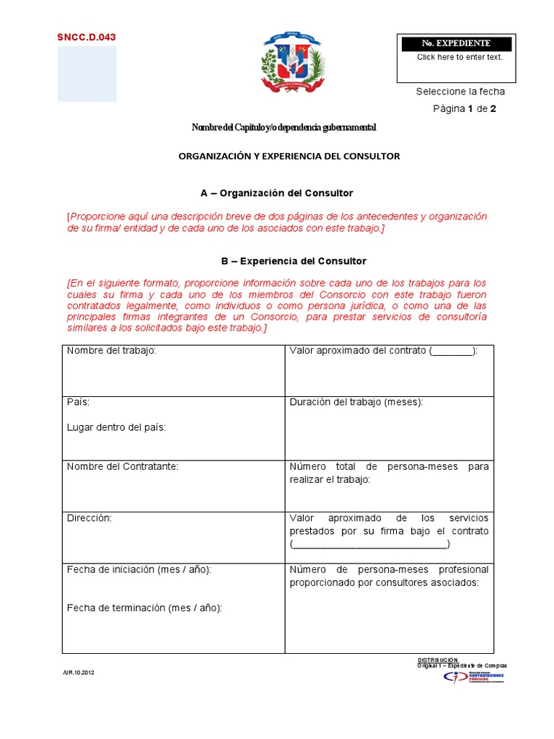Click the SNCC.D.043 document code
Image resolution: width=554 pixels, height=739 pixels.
point(86,37)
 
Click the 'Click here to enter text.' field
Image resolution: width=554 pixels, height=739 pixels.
point(460,58)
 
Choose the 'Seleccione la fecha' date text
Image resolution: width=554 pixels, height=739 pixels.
point(460,92)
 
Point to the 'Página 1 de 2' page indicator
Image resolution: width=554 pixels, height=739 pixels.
point(464,109)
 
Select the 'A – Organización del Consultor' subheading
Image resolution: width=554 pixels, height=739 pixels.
point(276,193)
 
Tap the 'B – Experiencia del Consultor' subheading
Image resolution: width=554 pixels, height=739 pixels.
point(283,261)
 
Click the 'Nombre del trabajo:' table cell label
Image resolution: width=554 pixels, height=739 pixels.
point(111,351)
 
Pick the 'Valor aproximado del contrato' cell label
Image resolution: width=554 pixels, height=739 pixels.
point(383,351)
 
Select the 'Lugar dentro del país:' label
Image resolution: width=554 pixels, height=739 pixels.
point(116,427)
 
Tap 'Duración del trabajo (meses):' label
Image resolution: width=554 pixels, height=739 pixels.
point(356,402)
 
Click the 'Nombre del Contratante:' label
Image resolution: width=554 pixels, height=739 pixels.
point(122,466)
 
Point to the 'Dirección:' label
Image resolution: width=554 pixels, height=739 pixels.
point(89,517)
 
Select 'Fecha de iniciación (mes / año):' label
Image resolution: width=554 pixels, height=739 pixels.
point(138,569)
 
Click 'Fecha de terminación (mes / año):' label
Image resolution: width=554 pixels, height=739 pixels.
point(144,608)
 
